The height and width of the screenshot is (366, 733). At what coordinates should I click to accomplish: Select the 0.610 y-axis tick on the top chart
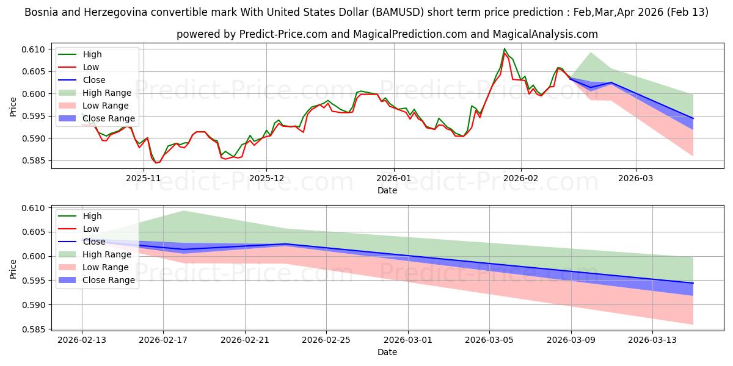coord(35,49)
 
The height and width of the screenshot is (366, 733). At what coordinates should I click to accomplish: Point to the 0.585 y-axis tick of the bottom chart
coord(35,329)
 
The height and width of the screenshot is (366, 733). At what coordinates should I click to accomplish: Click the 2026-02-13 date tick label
coord(82,340)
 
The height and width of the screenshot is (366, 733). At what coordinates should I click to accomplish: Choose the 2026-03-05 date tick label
coord(490,340)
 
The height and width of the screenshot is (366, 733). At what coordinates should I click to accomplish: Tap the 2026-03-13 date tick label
coord(653,340)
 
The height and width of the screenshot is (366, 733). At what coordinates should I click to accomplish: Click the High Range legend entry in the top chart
coord(107,93)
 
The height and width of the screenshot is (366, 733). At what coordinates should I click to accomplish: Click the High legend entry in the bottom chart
coord(92,216)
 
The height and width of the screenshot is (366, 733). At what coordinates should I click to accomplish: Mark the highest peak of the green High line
coord(505,49)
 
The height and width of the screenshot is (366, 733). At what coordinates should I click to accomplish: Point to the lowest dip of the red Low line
coord(155,163)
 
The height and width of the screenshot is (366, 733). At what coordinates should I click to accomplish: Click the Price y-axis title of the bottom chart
coord(13,268)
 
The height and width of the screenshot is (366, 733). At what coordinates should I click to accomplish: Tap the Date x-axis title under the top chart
coord(387,190)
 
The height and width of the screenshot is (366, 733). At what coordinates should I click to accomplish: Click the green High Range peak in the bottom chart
coord(183,211)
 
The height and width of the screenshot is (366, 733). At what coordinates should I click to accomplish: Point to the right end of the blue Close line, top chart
coord(693,118)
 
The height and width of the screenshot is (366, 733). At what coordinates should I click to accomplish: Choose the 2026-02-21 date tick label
coord(245,340)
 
